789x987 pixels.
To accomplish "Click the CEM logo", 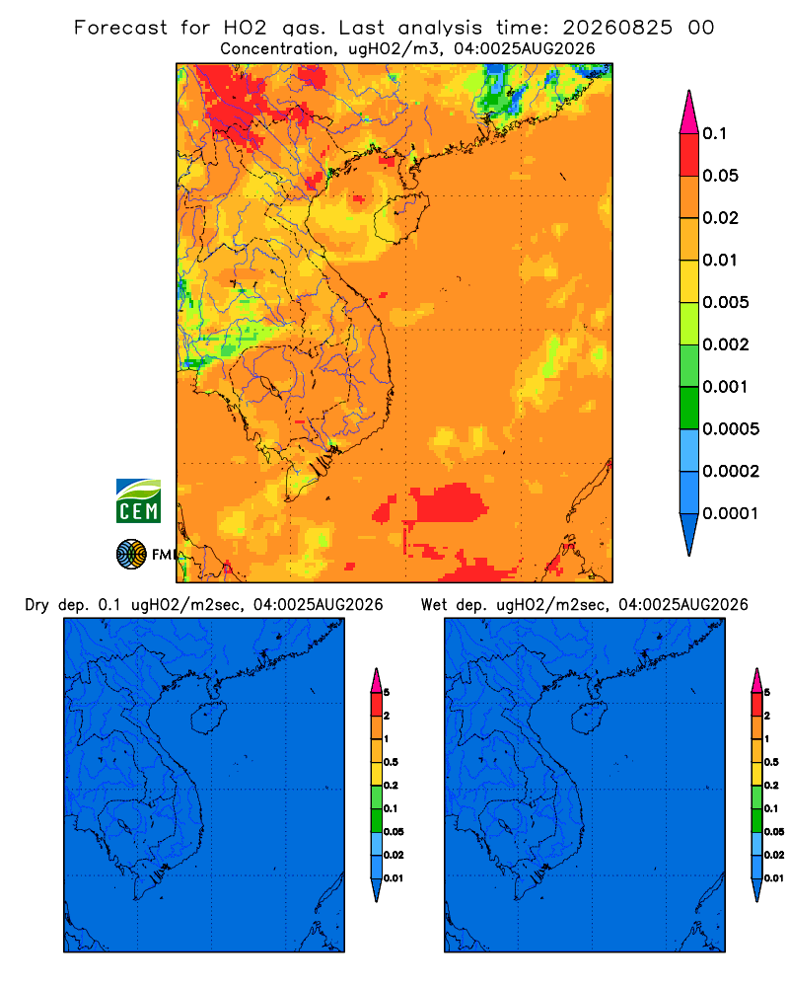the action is point(138,501).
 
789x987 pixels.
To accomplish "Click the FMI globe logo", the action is point(131,555).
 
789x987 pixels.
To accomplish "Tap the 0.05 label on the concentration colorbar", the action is point(720,176).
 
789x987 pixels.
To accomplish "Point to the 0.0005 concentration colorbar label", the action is point(731,429).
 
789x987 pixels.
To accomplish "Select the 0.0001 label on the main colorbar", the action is point(731,513).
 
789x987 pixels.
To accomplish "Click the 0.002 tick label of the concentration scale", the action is point(726,344).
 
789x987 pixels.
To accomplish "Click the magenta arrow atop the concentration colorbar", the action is point(689,112).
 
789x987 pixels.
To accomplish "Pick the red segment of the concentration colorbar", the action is point(689,155).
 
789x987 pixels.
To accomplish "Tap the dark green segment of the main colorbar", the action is point(689,408).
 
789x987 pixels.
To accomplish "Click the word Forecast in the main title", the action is point(120,28).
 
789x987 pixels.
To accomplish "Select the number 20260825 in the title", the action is point(617,28).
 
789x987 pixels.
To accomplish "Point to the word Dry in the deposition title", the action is point(37,605).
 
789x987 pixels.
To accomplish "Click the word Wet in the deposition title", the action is point(434,605).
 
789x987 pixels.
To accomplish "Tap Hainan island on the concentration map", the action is point(400,217).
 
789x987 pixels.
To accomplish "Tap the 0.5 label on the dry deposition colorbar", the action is point(391,762).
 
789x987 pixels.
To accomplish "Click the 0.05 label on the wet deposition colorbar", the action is point(774,832).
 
